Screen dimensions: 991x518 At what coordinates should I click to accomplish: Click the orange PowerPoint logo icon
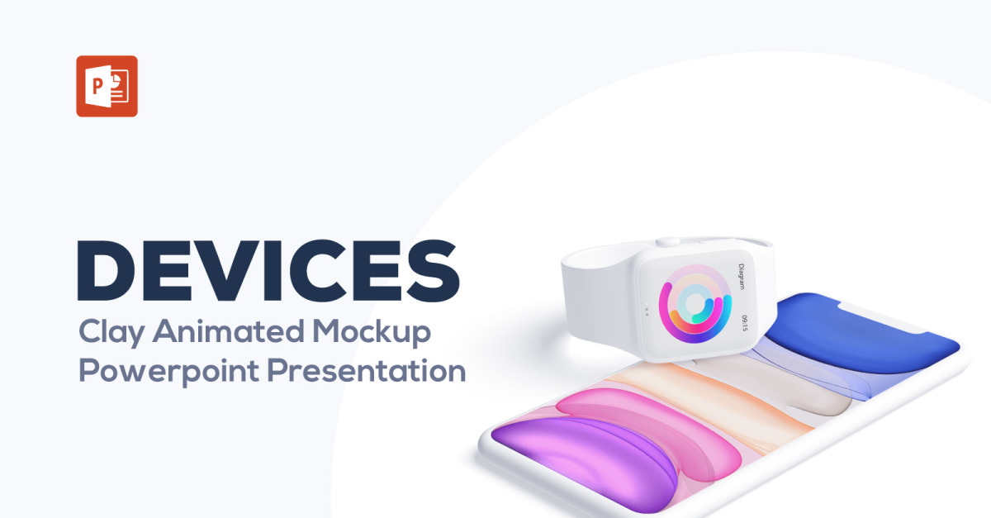click(x=107, y=86)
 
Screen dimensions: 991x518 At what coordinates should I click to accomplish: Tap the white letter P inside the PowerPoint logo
click(x=97, y=86)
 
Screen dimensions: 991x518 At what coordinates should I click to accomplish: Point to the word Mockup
click(x=372, y=332)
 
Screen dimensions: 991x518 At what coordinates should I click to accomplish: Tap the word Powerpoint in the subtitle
click(x=168, y=372)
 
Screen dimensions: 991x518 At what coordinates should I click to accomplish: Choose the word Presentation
click(x=367, y=371)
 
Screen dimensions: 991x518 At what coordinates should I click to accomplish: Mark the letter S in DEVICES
click(x=434, y=270)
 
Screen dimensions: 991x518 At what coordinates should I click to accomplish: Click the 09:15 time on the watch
click(x=745, y=323)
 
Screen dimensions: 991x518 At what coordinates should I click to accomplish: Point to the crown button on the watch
click(x=668, y=242)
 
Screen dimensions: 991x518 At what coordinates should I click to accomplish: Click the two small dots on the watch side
click(x=647, y=311)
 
